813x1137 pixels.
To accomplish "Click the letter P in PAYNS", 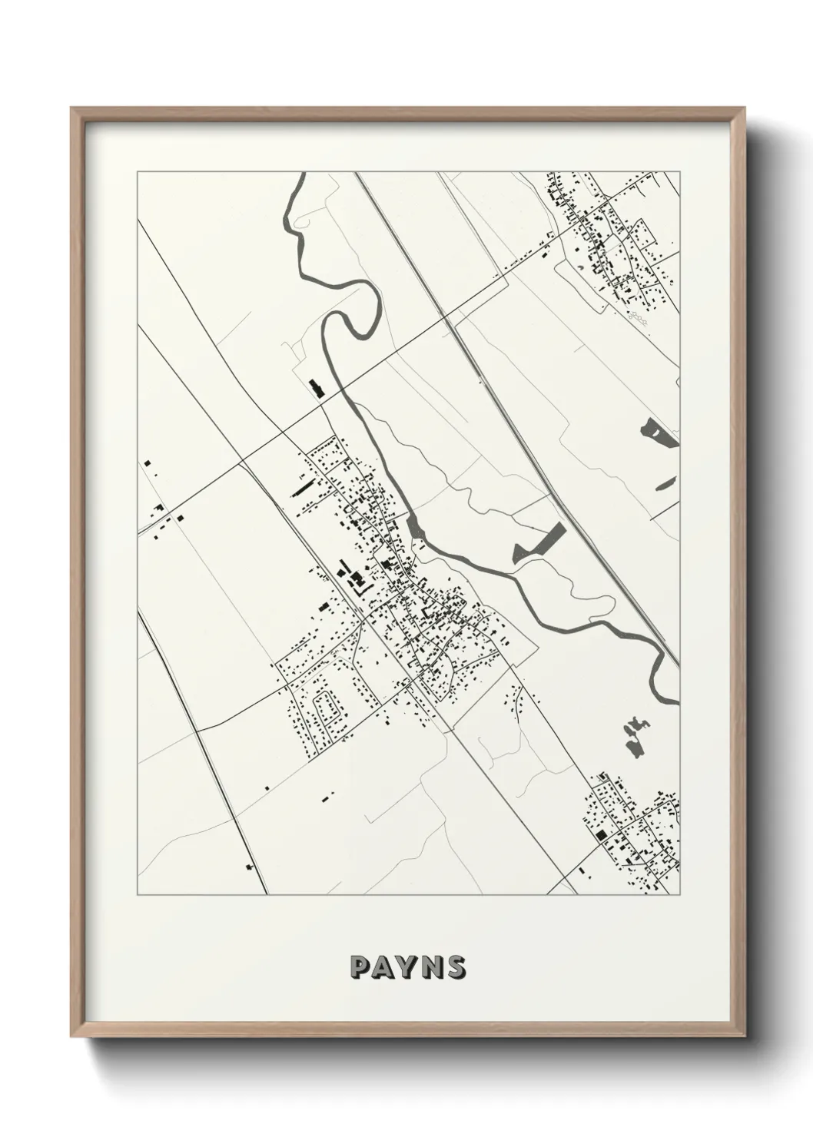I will [359, 967].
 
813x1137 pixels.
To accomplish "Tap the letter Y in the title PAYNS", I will [408, 967].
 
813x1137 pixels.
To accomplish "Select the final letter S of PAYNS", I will [456, 967].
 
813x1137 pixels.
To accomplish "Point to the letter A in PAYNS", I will [383, 967].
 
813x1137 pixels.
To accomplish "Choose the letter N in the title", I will [433, 967].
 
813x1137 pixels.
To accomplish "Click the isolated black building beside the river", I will [314, 387].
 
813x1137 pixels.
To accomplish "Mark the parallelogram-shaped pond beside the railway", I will [539, 542].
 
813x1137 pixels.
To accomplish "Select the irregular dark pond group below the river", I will [633, 737].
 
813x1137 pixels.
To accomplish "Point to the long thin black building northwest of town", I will [304, 486].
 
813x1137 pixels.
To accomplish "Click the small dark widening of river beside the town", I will [415, 528].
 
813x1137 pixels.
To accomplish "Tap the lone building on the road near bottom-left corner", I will [249, 867].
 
